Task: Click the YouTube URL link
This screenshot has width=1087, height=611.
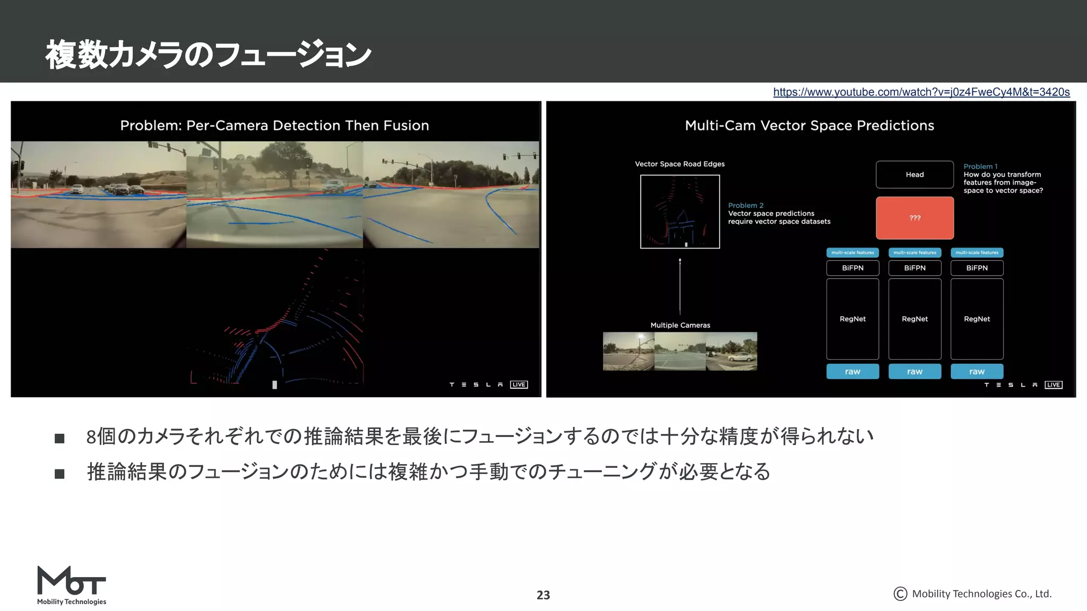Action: (921, 92)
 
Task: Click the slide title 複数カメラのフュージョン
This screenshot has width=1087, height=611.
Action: (208, 55)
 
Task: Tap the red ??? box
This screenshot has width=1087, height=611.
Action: (915, 218)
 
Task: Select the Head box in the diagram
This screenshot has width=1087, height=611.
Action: (915, 174)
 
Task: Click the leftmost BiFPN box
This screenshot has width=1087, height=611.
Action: (852, 268)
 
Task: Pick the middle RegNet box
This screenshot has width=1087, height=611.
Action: (915, 319)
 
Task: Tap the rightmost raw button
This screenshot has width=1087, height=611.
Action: (977, 371)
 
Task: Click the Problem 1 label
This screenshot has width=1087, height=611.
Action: (980, 167)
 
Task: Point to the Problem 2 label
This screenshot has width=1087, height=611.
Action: (746, 205)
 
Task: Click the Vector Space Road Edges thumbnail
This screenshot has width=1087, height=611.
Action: (680, 212)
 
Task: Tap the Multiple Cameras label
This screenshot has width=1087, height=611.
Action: (680, 325)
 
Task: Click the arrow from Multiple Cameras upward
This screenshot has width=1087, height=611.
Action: (680, 286)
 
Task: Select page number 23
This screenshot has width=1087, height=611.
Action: (543, 595)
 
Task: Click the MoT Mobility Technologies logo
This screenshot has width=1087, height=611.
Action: (72, 585)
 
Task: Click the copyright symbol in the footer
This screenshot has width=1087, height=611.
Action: (900, 594)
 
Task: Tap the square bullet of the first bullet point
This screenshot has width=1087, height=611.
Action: (59, 438)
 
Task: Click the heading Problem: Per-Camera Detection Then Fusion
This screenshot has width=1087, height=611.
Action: (274, 126)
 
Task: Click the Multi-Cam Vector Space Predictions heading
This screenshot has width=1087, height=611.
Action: (809, 126)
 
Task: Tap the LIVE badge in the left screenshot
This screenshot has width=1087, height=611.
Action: (519, 385)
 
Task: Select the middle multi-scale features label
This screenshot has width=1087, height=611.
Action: (915, 252)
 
